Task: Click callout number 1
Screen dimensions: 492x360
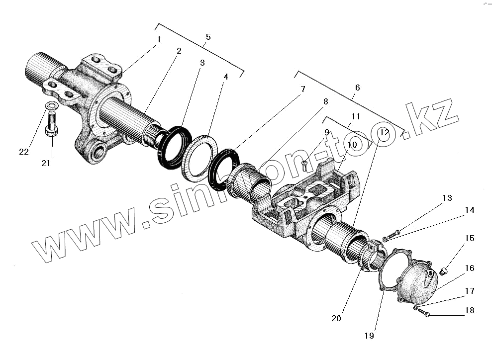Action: pos(159,39)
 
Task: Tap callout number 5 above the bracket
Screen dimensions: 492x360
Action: pos(208,37)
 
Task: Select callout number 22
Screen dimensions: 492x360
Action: pos(24,152)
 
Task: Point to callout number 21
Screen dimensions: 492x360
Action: pos(46,163)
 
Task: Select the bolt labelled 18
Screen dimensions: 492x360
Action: pos(423,312)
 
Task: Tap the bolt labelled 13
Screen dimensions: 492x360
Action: pos(393,232)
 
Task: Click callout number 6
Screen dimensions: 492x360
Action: pos(357,88)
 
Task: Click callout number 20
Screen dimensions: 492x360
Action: pos(336,318)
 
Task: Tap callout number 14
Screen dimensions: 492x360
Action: pos(469,210)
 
